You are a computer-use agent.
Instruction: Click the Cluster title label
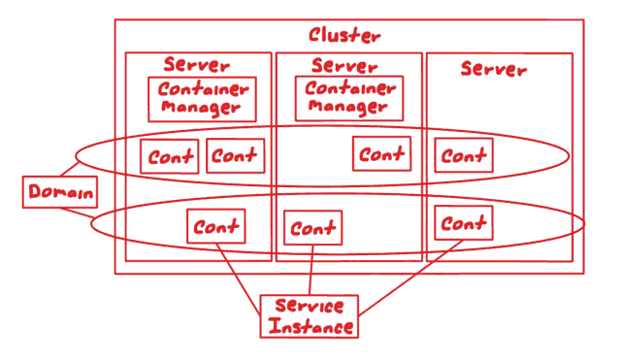coord(344,36)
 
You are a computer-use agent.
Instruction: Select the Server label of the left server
coord(197,65)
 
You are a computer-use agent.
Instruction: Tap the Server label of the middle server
coord(345,66)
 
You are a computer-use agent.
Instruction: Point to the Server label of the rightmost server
coord(493,70)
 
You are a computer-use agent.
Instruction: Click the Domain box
coord(60,192)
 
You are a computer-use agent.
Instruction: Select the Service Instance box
coord(310,316)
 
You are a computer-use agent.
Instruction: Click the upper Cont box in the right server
coord(463,155)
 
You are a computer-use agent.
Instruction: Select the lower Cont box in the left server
coord(215,227)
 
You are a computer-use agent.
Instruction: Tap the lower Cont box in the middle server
coord(312,229)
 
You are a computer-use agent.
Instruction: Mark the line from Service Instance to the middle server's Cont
coord(310,272)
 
